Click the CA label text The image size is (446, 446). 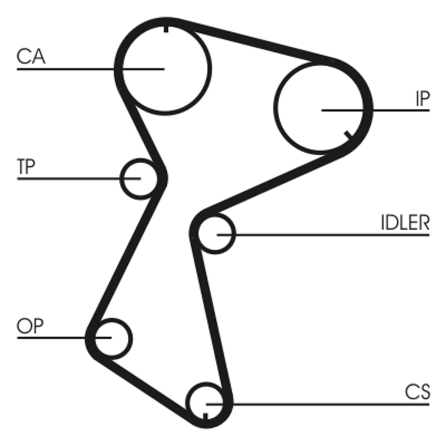click(x=31, y=56)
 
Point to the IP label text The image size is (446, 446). click(x=421, y=99)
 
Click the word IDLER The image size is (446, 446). click(x=405, y=223)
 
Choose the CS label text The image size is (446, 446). click(x=418, y=392)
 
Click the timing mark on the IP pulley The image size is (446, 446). click(x=348, y=135)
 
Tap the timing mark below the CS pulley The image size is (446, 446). click(x=206, y=416)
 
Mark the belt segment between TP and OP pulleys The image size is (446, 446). click(x=126, y=256)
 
